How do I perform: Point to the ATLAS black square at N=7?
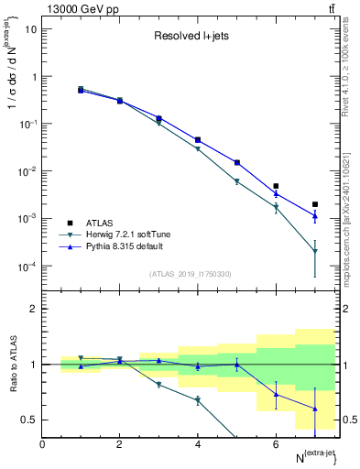pos(315,204)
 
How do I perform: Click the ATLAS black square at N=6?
pos(276,186)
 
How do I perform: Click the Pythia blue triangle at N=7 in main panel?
pos(315,216)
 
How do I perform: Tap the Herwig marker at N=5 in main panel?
pos(237,181)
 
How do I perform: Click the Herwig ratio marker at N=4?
pos(198,400)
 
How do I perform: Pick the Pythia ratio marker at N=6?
pos(276,394)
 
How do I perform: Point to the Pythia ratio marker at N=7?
pos(315,409)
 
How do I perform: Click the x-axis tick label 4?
pos(198,444)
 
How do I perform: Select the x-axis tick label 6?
pos(276,444)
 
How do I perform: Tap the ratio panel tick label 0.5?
pos(27,420)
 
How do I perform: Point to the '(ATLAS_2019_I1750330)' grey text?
pos(190,274)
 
